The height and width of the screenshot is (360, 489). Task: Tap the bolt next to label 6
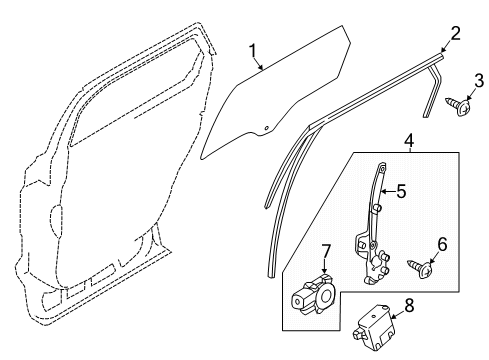[x=425, y=269]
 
